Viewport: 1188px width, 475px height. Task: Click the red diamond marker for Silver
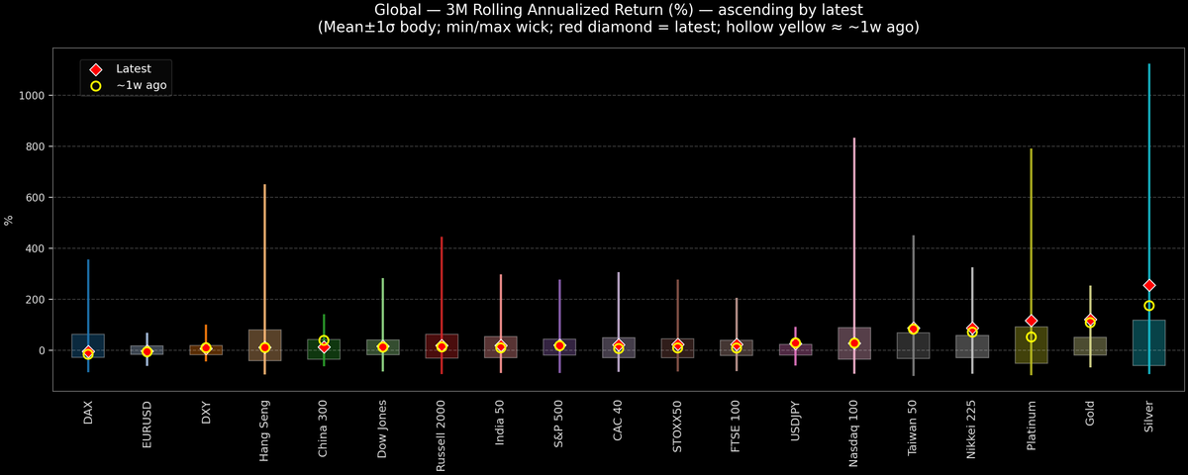[1148, 285]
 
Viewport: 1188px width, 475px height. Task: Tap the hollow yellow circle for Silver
[1148, 306]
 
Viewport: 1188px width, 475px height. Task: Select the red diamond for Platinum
[1031, 321]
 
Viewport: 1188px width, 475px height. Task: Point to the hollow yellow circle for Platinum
[1031, 337]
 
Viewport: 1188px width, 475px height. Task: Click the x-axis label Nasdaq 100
[854, 430]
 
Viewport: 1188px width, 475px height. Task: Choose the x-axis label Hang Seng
[264, 430]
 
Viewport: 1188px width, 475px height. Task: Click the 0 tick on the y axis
[43, 350]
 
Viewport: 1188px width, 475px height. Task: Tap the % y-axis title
[9, 220]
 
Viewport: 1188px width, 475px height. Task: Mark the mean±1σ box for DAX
[87, 345]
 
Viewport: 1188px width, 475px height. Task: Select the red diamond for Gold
[1090, 320]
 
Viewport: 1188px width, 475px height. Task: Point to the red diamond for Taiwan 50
[913, 329]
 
